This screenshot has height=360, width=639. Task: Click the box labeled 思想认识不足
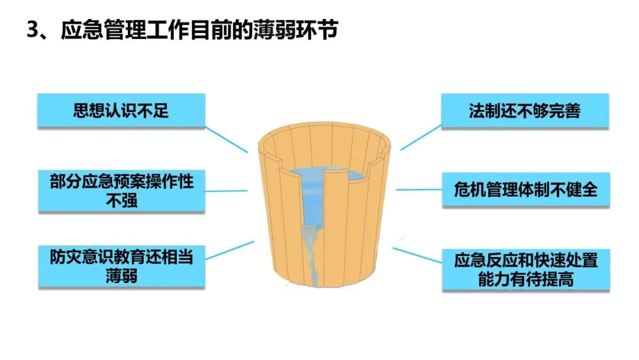click(x=121, y=111)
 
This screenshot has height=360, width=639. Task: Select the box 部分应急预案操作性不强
click(x=121, y=191)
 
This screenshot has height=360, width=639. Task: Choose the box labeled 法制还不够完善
click(x=525, y=111)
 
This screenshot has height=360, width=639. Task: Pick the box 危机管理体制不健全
click(x=525, y=190)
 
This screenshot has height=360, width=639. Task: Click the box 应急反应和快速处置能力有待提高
click(x=525, y=269)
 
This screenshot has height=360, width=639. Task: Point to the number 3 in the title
click(x=33, y=30)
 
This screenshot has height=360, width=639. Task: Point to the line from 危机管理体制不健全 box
click(x=419, y=190)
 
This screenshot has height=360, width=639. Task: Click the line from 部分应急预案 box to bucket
click(x=227, y=191)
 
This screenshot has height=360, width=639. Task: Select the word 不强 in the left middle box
click(x=121, y=201)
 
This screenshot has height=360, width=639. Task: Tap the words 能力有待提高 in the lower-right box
click(x=525, y=279)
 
